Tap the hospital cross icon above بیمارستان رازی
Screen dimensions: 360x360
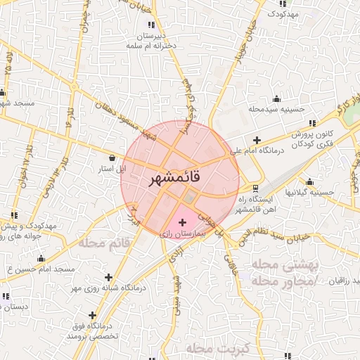click(183, 222)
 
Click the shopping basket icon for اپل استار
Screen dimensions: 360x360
click(113, 159)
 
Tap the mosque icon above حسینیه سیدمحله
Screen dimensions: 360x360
click(276, 98)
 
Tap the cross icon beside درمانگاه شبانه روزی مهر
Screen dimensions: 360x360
click(108, 277)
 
